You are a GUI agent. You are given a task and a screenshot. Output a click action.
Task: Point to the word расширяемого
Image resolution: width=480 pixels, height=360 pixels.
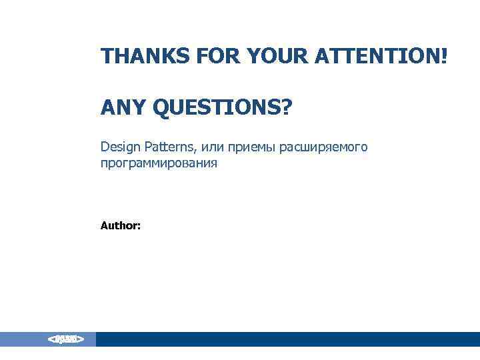[323, 147]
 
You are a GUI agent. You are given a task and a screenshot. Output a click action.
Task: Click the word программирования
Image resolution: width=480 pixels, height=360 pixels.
[159, 163]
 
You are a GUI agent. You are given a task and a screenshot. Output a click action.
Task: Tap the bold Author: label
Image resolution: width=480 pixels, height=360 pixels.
[120, 226]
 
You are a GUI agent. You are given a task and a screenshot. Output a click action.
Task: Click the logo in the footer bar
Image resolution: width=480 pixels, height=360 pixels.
[65, 339]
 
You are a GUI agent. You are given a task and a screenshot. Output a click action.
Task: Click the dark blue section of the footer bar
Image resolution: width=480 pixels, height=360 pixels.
[287, 339]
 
